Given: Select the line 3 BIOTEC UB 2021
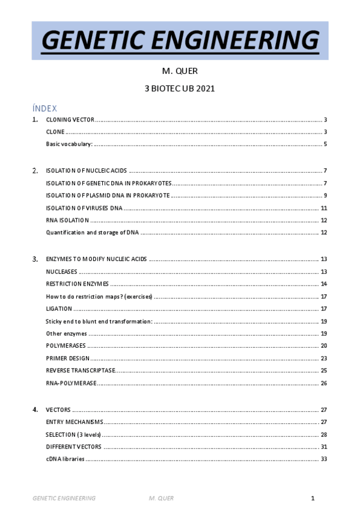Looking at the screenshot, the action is [180, 88].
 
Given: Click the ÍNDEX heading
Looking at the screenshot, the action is [44, 108].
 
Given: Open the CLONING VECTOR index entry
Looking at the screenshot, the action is [70, 120].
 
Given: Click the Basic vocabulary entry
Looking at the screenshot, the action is [69, 144].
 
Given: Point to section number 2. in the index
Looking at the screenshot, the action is [35, 171].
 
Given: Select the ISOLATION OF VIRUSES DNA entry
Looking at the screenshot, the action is [84, 208].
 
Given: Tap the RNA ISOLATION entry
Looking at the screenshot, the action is [67, 220].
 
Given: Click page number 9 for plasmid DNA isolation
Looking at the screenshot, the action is [325, 195].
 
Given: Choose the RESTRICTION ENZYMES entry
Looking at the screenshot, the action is [77, 284].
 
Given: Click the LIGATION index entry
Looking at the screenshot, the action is [59, 309].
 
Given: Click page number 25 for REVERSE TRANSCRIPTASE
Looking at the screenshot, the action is [323, 370].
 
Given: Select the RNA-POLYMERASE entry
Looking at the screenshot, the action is [71, 383].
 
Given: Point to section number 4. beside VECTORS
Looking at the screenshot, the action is [35, 410].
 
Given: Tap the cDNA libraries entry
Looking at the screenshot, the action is [65, 459].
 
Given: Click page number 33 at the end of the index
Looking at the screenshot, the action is [323, 459].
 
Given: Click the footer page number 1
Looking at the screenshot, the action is [313, 499].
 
